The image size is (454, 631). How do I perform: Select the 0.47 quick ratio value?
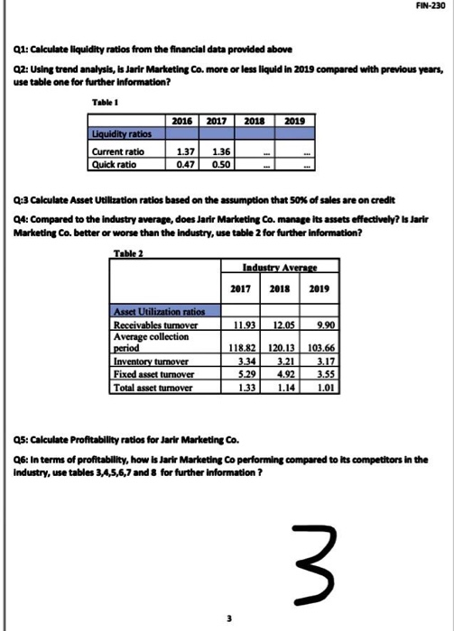point(187,164)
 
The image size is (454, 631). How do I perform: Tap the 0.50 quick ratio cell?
point(221,164)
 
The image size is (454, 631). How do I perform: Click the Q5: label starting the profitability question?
point(23,440)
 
